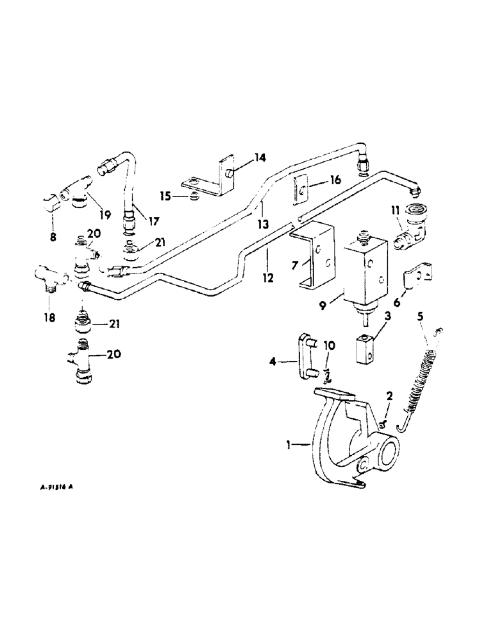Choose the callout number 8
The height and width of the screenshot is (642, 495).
click(x=54, y=237)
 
